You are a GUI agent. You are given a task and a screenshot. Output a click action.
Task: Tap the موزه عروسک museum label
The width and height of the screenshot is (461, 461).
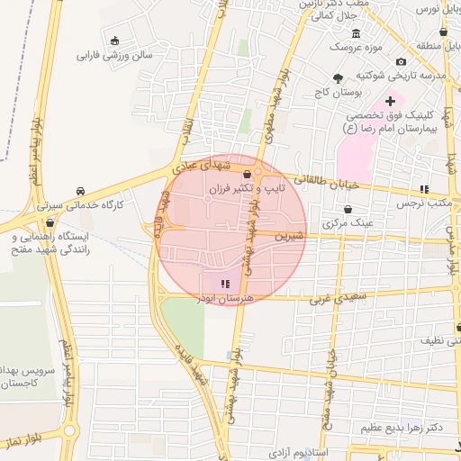tap(356, 45)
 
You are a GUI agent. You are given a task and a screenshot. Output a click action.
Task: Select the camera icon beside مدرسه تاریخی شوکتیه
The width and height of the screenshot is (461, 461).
tap(401, 60)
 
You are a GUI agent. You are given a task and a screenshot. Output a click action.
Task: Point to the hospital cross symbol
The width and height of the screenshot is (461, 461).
tap(389, 100)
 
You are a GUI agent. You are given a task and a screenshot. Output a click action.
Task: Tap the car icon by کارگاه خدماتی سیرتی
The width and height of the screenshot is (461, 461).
tap(80, 191)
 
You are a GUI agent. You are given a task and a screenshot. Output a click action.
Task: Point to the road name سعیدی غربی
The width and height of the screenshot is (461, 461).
tap(338, 295)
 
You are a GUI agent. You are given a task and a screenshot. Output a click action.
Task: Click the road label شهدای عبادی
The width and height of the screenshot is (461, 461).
tap(207, 167)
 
